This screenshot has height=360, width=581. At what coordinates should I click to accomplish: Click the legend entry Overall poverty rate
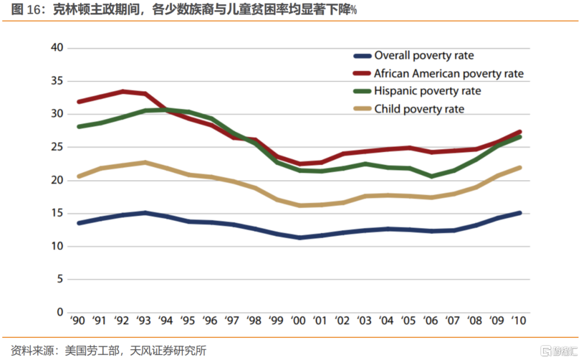[x=424, y=55]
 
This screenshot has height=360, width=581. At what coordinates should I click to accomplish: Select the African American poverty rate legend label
[x=449, y=74]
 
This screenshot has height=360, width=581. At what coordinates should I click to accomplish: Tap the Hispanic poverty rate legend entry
[x=427, y=91]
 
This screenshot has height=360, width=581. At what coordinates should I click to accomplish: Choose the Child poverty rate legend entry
[x=419, y=109]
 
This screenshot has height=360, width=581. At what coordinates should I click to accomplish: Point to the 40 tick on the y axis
[x=57, y=48]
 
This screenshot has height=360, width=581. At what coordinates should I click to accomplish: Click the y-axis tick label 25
[x=57, y=147]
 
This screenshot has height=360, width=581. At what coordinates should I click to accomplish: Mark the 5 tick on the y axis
[x=60, y=279]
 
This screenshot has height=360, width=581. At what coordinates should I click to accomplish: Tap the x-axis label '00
[x=298, y=321]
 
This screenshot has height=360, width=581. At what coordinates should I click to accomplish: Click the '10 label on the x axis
[x=518, y=321]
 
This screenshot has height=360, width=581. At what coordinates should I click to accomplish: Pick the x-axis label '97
[x=232, y=321]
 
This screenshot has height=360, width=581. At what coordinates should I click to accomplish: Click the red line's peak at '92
[x=124, y=91]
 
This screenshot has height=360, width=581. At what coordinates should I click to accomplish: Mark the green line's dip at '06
[x=431, y=176]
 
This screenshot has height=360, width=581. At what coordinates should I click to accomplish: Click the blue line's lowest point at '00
[x=299, y=237]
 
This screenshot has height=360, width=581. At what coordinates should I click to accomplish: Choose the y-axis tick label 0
[x=60, y=312]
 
